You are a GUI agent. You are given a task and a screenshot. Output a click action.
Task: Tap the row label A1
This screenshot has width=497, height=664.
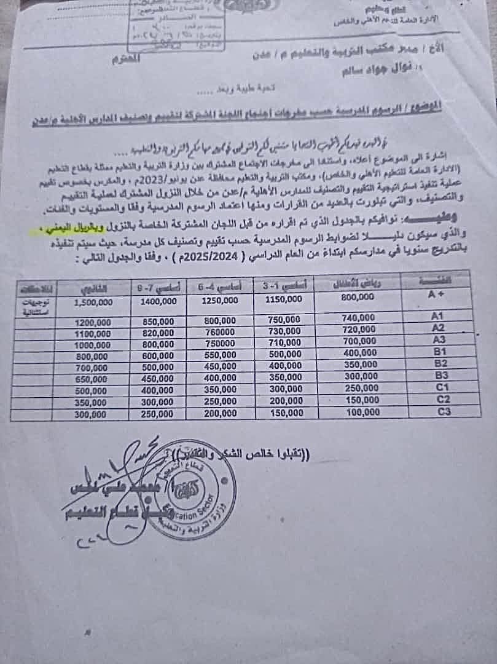pos(437,316)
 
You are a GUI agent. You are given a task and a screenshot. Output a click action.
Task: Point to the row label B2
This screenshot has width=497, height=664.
pos(439,363)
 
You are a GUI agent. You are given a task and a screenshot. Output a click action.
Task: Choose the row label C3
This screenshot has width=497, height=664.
pos(444,411)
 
